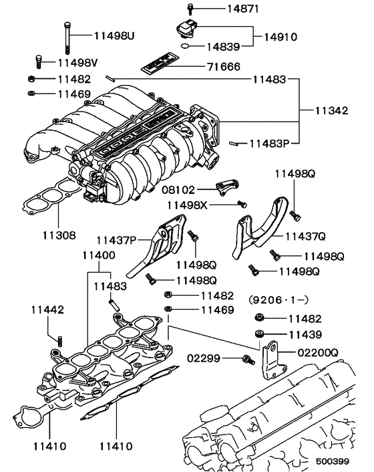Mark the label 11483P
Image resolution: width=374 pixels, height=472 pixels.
click(x=271, y=142)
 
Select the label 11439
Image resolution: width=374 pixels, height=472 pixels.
click(x=305, y=334)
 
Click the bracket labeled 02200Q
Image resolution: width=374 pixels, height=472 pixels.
click(x=270, y=360)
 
